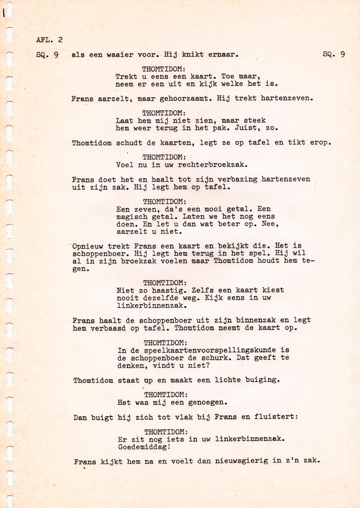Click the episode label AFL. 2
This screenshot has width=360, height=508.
(50, 40)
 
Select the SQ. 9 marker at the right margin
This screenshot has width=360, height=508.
(334, 55)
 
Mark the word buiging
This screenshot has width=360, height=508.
(263, 381)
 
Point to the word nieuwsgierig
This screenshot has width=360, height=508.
(241, 461)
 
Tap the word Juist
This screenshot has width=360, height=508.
(241, 128)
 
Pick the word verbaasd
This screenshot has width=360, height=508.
(109, 328)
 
